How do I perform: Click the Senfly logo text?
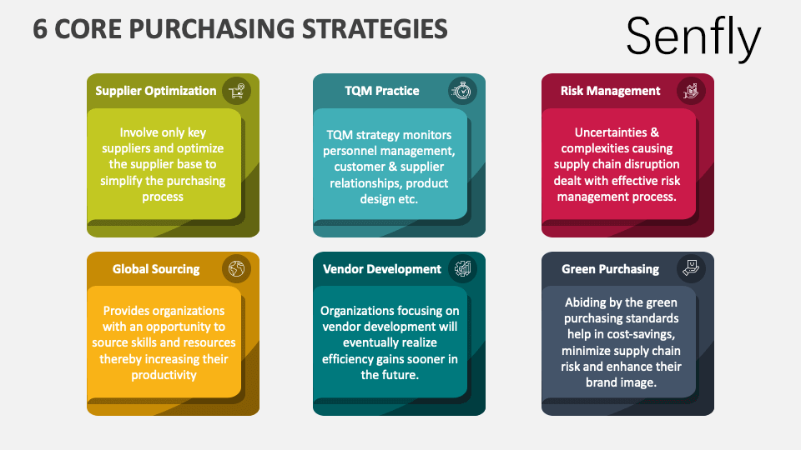point(693,36)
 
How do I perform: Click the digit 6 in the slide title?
point(40,28)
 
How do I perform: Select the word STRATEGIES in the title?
point(375,28)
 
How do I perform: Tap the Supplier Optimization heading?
point(156,91)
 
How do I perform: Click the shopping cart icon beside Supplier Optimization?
point(236,91)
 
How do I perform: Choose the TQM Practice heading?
point(381,91)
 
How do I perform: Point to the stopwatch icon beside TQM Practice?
point(462,91)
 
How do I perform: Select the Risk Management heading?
point(611,91)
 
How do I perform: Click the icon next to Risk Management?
point(691,91)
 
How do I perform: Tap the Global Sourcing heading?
point(156,269)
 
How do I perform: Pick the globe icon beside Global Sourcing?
point(236,268)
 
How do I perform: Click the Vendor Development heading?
point(381,269)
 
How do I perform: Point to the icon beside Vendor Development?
point(462,268)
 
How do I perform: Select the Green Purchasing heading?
point(611,269)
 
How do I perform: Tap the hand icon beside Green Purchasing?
point(691,268)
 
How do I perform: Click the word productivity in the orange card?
point(164,375)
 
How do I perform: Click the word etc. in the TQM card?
point(408,199)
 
